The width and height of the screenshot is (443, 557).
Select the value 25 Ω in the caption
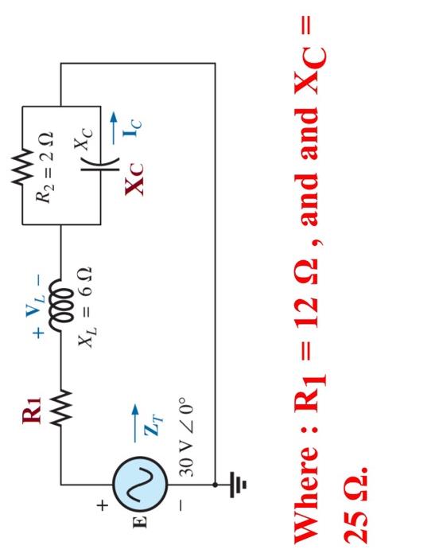[367, 498]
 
